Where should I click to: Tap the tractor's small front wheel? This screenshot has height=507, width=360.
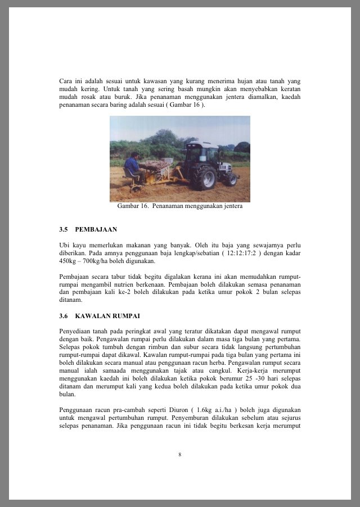(231, 179)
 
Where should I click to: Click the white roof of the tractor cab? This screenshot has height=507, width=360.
(202, 144)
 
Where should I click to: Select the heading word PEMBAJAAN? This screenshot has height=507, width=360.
(96, 230)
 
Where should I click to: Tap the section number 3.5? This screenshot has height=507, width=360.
(64, 230)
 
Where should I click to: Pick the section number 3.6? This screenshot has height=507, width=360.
(64, 316)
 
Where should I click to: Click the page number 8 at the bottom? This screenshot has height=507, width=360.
(180, 454)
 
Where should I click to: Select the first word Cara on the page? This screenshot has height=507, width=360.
(66, 81)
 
